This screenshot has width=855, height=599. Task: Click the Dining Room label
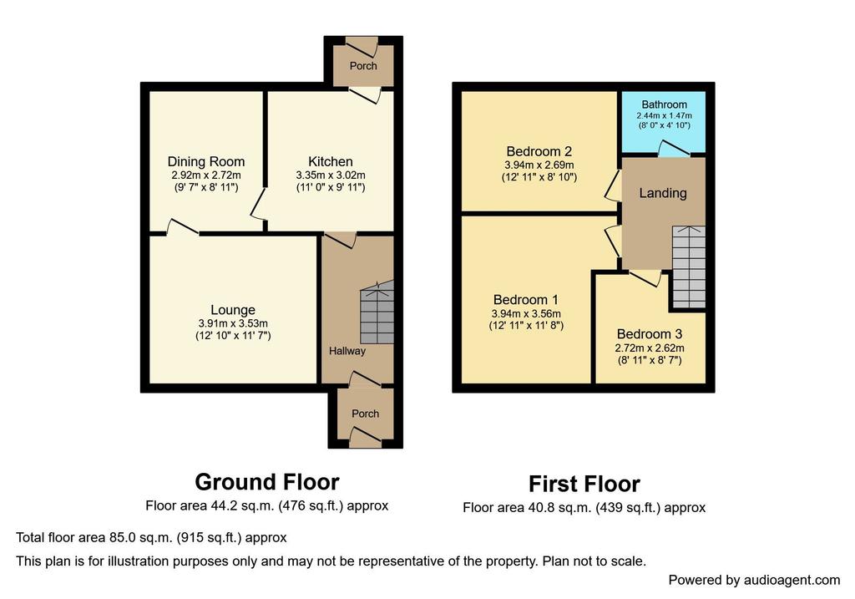(x=206, y=161)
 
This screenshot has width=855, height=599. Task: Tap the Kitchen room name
(x=331, y=161)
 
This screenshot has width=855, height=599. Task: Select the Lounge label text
(x=233, y=310)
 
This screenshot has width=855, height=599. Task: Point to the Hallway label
(x=347, y=351)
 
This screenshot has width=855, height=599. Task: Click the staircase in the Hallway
(x=377, y=312)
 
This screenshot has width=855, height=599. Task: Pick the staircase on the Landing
(x=688, y=267)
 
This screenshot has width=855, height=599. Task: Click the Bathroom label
(x=664, y=104)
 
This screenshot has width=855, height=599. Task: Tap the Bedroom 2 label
(x=539, y=151)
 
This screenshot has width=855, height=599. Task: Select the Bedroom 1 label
(x=526, y=299)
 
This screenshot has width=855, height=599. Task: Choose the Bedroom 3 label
(x=650, y=334)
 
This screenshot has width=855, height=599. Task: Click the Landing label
(x=663, y=193)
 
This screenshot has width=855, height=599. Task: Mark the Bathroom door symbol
(x=674, y=150)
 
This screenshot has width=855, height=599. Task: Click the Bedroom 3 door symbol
(x=646, y=277)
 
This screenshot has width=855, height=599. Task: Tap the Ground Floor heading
(x=267, y=482)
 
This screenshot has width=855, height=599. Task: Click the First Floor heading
(x=584, y=484)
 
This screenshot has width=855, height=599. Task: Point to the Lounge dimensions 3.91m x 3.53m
(x=233, y=323)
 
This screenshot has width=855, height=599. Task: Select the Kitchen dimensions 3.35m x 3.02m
(x=331, y=175)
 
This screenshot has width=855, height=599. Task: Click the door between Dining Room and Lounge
(x=182, y=227)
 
